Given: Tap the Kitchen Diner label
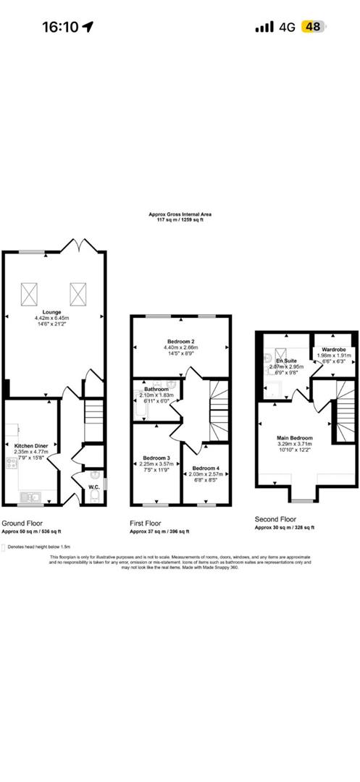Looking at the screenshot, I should (30, 444).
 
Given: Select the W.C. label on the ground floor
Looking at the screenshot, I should (93, 487).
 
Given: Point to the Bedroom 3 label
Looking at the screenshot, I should (156, 458).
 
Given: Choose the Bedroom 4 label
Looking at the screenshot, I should (205, 468).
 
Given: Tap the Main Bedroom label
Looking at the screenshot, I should (294, 438).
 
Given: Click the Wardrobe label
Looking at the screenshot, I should (333, 349).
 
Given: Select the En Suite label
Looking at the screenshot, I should (286, 360).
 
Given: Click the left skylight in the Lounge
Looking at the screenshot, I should (30, 293).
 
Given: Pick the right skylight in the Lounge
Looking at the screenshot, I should (78, 293).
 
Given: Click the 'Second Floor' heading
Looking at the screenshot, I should (275, 518).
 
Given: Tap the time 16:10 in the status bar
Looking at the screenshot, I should (60, 27).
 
